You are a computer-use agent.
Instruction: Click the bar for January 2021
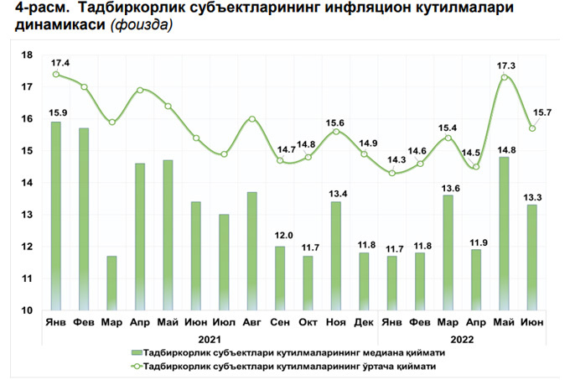click(x=56, y=216)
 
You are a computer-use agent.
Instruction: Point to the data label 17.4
click(x=60, y=64)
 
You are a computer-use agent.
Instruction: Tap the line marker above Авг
click(x=252, y=119)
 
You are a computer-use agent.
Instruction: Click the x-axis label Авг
click(x=252, y=322)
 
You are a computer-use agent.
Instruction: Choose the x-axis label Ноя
click(x=336, y=322)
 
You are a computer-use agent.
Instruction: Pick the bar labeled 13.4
click(x=336, y=256)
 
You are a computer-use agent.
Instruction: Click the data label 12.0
click(x=281, y=237)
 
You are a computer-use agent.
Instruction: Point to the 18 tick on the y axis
click(x=26, y=55)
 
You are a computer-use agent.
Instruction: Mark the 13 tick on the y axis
click(x=26, y=215)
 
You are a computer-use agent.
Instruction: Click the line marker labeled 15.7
click(x=532, y=128)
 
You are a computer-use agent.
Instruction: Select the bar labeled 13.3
click(x=532, y=258)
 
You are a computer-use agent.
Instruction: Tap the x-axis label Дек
click(x=365, y=322)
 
